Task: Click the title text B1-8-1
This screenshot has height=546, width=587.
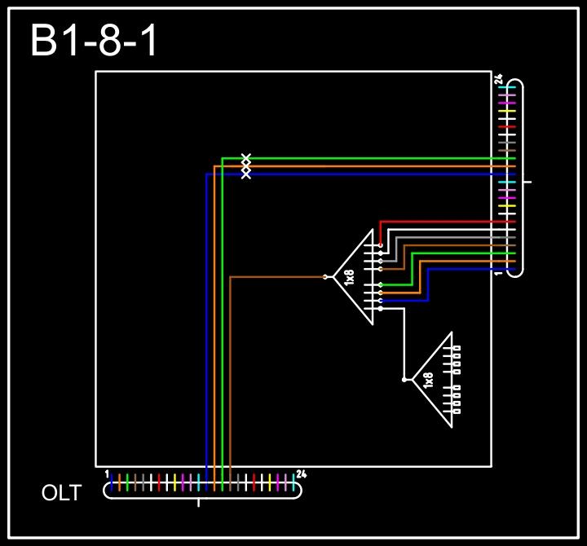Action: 95,41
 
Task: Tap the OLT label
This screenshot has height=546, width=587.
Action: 61,493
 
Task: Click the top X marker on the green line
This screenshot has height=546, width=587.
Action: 246,157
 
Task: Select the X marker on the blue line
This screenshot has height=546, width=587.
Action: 246,174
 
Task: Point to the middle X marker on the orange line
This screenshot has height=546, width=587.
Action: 246,165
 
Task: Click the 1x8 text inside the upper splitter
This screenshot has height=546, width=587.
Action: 350,277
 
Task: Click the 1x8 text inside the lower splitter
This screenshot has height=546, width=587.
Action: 429,380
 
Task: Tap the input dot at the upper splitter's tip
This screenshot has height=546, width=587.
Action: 325,277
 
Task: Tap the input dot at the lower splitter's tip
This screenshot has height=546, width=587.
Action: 404,380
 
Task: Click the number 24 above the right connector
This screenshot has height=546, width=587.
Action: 498,79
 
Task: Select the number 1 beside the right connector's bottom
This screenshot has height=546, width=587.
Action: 498,273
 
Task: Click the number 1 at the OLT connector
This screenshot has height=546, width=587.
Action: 107,473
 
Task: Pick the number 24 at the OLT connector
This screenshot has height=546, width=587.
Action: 301,473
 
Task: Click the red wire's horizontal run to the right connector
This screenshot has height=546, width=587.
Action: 448,222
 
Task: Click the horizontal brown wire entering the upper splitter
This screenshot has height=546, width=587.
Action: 277,277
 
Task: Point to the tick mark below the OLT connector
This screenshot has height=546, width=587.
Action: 199,502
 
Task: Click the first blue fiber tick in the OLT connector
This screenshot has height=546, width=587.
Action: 112,482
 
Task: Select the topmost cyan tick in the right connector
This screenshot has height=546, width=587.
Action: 508,87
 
